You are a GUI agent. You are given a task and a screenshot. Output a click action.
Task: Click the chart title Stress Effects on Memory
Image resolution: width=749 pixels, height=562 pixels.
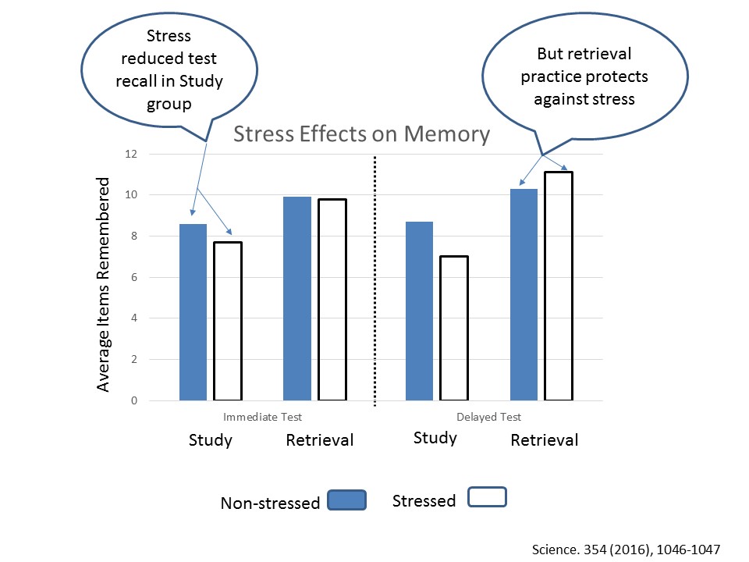tap(363, 134)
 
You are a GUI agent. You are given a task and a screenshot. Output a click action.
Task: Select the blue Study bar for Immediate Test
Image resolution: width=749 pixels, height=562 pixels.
tap(193, 312)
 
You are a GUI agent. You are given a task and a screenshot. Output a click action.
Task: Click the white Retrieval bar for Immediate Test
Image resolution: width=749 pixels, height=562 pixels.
tap(332, 301)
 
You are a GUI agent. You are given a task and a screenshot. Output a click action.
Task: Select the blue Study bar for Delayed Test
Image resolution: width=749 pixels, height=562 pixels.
tap(420, 311)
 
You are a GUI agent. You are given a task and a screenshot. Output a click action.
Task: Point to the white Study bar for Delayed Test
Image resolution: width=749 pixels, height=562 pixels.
tap(453, 329)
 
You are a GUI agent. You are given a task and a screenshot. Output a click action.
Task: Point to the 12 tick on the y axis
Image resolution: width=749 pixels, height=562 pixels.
tap(130, 154)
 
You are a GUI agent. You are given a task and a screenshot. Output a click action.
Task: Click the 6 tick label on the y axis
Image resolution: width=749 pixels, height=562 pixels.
tap(133, 277)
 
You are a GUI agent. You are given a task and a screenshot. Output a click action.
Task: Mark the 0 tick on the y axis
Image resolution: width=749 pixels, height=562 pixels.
tap(133, 401)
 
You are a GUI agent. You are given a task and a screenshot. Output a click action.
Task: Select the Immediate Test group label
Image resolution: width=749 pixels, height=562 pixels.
tap(262, 418)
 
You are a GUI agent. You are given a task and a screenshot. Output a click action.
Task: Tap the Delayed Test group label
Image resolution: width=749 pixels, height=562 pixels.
tap(488, 418)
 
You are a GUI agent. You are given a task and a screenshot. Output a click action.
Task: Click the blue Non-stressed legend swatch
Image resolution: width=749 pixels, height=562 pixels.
tap(347, 500)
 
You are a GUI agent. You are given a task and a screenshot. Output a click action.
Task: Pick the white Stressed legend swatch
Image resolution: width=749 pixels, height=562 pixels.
tap(487, 497)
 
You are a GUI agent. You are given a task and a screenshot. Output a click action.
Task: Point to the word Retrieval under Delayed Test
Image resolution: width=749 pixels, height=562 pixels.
tap(545, 440)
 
